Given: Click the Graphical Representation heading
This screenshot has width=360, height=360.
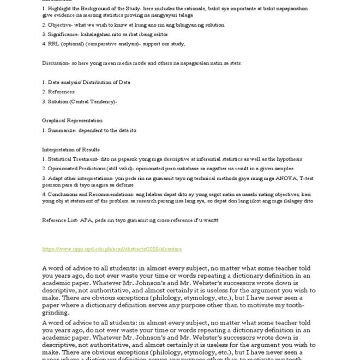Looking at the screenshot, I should click(x=72, y=121).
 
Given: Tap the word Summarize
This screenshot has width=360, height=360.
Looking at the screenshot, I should click(x=64, y=130).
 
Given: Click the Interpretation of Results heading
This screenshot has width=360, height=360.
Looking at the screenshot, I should click(x=71, y=149).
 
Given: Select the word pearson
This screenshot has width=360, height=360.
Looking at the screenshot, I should click(x=52, y=185).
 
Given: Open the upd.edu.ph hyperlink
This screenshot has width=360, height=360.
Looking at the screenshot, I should click(x=112, y=249).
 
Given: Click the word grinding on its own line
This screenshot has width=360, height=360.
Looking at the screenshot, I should click(x=55, y=314).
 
